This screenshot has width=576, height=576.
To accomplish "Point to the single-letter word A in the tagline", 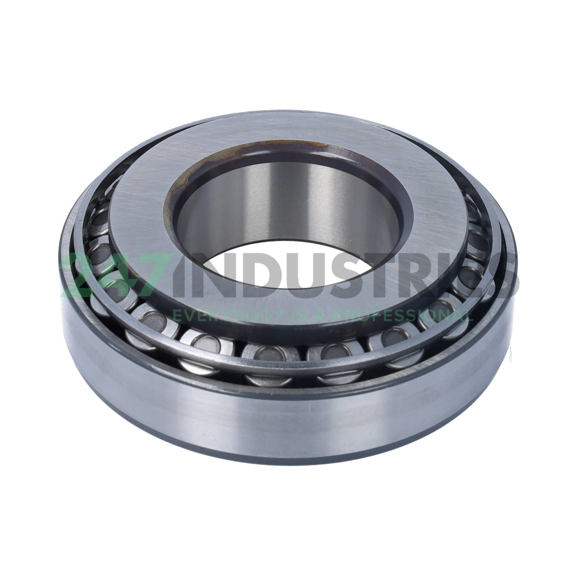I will click(321, 316).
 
